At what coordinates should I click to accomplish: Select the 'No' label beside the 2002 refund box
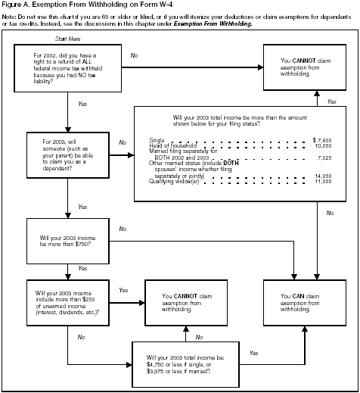134,55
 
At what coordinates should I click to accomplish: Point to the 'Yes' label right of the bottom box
253,353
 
